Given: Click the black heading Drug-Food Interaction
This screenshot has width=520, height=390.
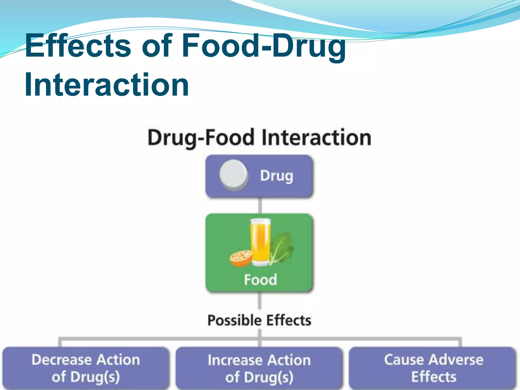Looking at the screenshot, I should [259, 138].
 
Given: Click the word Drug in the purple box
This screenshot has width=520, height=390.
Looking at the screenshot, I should [277, 176].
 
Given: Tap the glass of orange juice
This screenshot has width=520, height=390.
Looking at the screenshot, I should [260, 242].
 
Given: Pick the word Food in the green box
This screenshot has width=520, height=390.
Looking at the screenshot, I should [260, 280].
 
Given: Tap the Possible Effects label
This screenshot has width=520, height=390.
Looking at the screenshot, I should [259, 320].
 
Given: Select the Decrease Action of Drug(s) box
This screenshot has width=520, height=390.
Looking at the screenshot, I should [86, 368].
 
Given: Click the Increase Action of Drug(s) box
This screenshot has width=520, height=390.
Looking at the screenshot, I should [259, 368].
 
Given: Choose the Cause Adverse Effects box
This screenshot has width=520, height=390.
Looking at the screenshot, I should [433, 368].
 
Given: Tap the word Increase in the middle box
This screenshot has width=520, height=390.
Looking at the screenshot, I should [230, 360].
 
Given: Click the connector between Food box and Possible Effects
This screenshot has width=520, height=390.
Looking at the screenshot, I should [259, 301].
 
